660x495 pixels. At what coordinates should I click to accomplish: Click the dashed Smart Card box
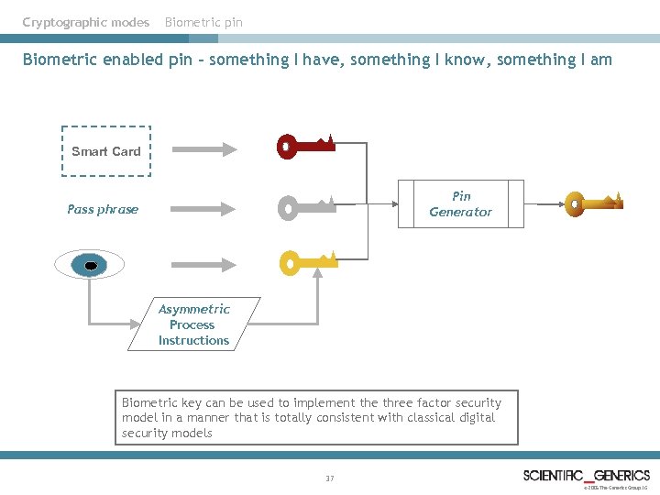tap(106, 151)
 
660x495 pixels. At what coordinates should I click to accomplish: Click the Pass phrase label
tap(103, 209)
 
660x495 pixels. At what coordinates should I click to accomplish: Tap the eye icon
tap(89, 266)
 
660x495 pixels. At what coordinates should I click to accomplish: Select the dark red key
tap(305, 146)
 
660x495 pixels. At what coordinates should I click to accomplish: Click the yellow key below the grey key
tap(307, 264)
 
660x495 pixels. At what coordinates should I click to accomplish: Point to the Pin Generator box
tap(460, 203)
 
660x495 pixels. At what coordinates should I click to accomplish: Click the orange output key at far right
tap(593, 203)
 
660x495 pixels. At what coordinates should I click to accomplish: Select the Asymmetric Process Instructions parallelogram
tap(193, 324)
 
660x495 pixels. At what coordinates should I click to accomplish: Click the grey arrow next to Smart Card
tap(203, 149)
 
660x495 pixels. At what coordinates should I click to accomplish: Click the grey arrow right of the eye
tap(203, 265)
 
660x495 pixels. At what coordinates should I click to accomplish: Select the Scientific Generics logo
tap(586, 476)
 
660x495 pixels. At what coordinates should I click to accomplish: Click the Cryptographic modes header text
tap(85, 22)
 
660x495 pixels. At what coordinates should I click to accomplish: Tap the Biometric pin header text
tap(203, 22)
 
